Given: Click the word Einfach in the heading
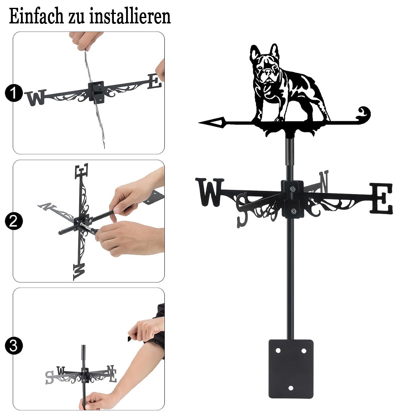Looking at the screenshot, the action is [x=36, y=16].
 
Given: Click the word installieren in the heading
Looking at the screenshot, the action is [x=130, y=16].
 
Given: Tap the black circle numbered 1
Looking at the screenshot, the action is [x=14, y=93].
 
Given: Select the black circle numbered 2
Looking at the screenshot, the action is [x=14, y=221].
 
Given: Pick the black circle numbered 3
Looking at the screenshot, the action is [x=14, y=346].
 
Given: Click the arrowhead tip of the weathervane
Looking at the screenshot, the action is [x=199, y=122].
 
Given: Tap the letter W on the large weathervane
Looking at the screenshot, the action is [x=209, y=192].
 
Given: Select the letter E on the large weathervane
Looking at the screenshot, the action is [x=381, y=199].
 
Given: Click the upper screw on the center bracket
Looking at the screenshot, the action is [x=292, y=189].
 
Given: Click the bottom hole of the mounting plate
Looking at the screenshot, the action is [x=291, y=388].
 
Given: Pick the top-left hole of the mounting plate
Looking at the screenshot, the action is [x=278, y=351].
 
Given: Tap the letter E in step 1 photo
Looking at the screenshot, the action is [x=155, y=81].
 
